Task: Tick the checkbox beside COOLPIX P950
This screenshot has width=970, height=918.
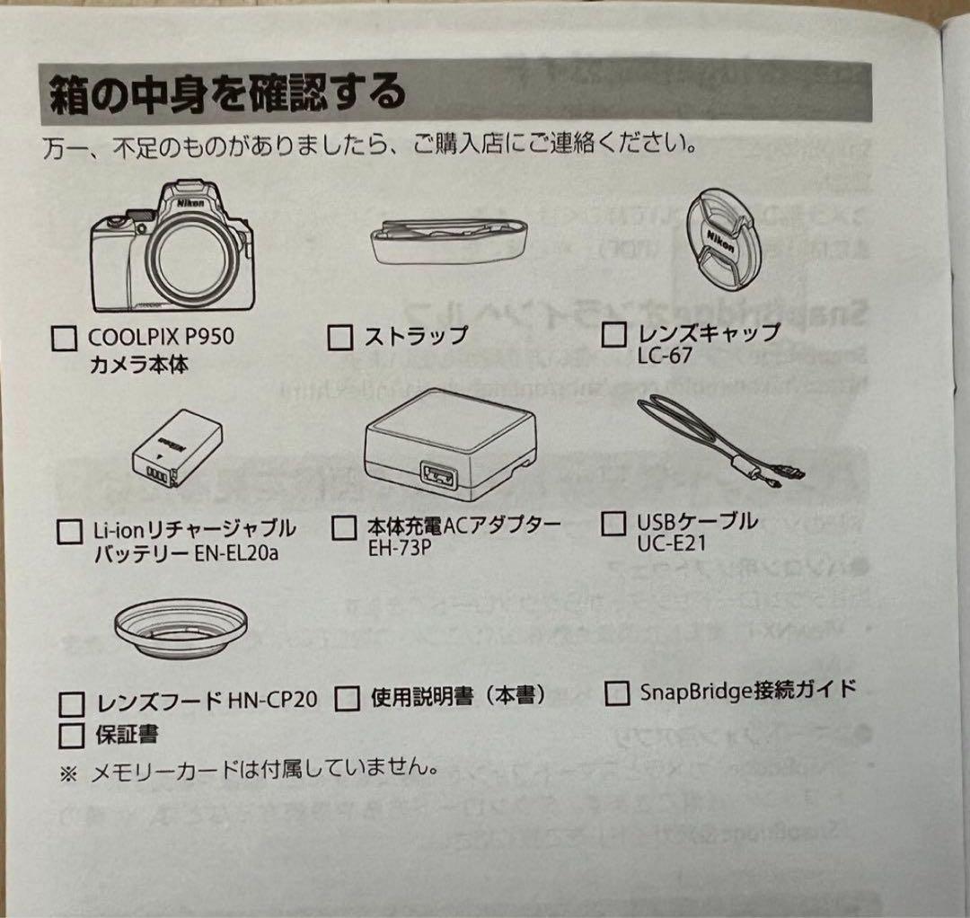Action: point(65,340)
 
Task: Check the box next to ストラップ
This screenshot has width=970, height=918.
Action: point(340,338)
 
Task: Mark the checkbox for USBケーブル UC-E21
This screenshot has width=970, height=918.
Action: point(613,523)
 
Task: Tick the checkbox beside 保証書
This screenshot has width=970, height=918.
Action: point(70,736)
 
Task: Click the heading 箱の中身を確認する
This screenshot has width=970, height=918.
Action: point(225,93)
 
